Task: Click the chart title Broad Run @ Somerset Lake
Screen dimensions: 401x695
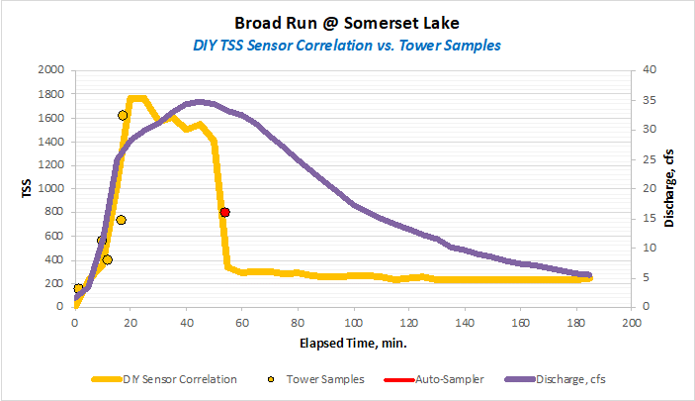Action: [x=347, y=22]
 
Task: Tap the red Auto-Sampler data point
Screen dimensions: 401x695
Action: [x=225, y=212]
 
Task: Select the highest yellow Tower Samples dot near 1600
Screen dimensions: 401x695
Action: [x=123, y=116]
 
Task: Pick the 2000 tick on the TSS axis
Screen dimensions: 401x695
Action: [x=45, y=70]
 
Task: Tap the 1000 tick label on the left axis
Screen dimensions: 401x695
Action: [x=45, y=188]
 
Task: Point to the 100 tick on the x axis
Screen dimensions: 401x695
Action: [x=352, y=323]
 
